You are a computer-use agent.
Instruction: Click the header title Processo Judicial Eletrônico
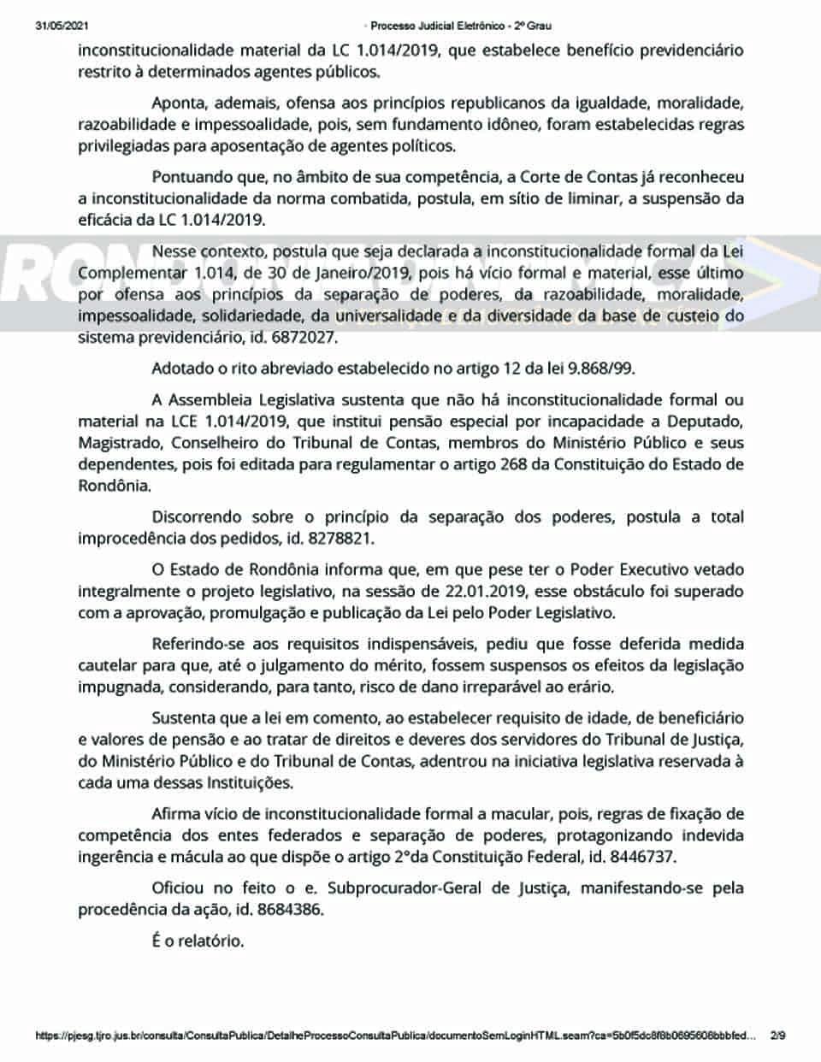coord(438,26)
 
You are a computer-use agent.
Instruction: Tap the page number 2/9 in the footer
coord(777,1035)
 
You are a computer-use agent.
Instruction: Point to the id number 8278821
coord(341,539)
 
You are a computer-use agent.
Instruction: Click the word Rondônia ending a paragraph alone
coord(114,486)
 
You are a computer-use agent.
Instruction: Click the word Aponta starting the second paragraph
coord(176,103)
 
